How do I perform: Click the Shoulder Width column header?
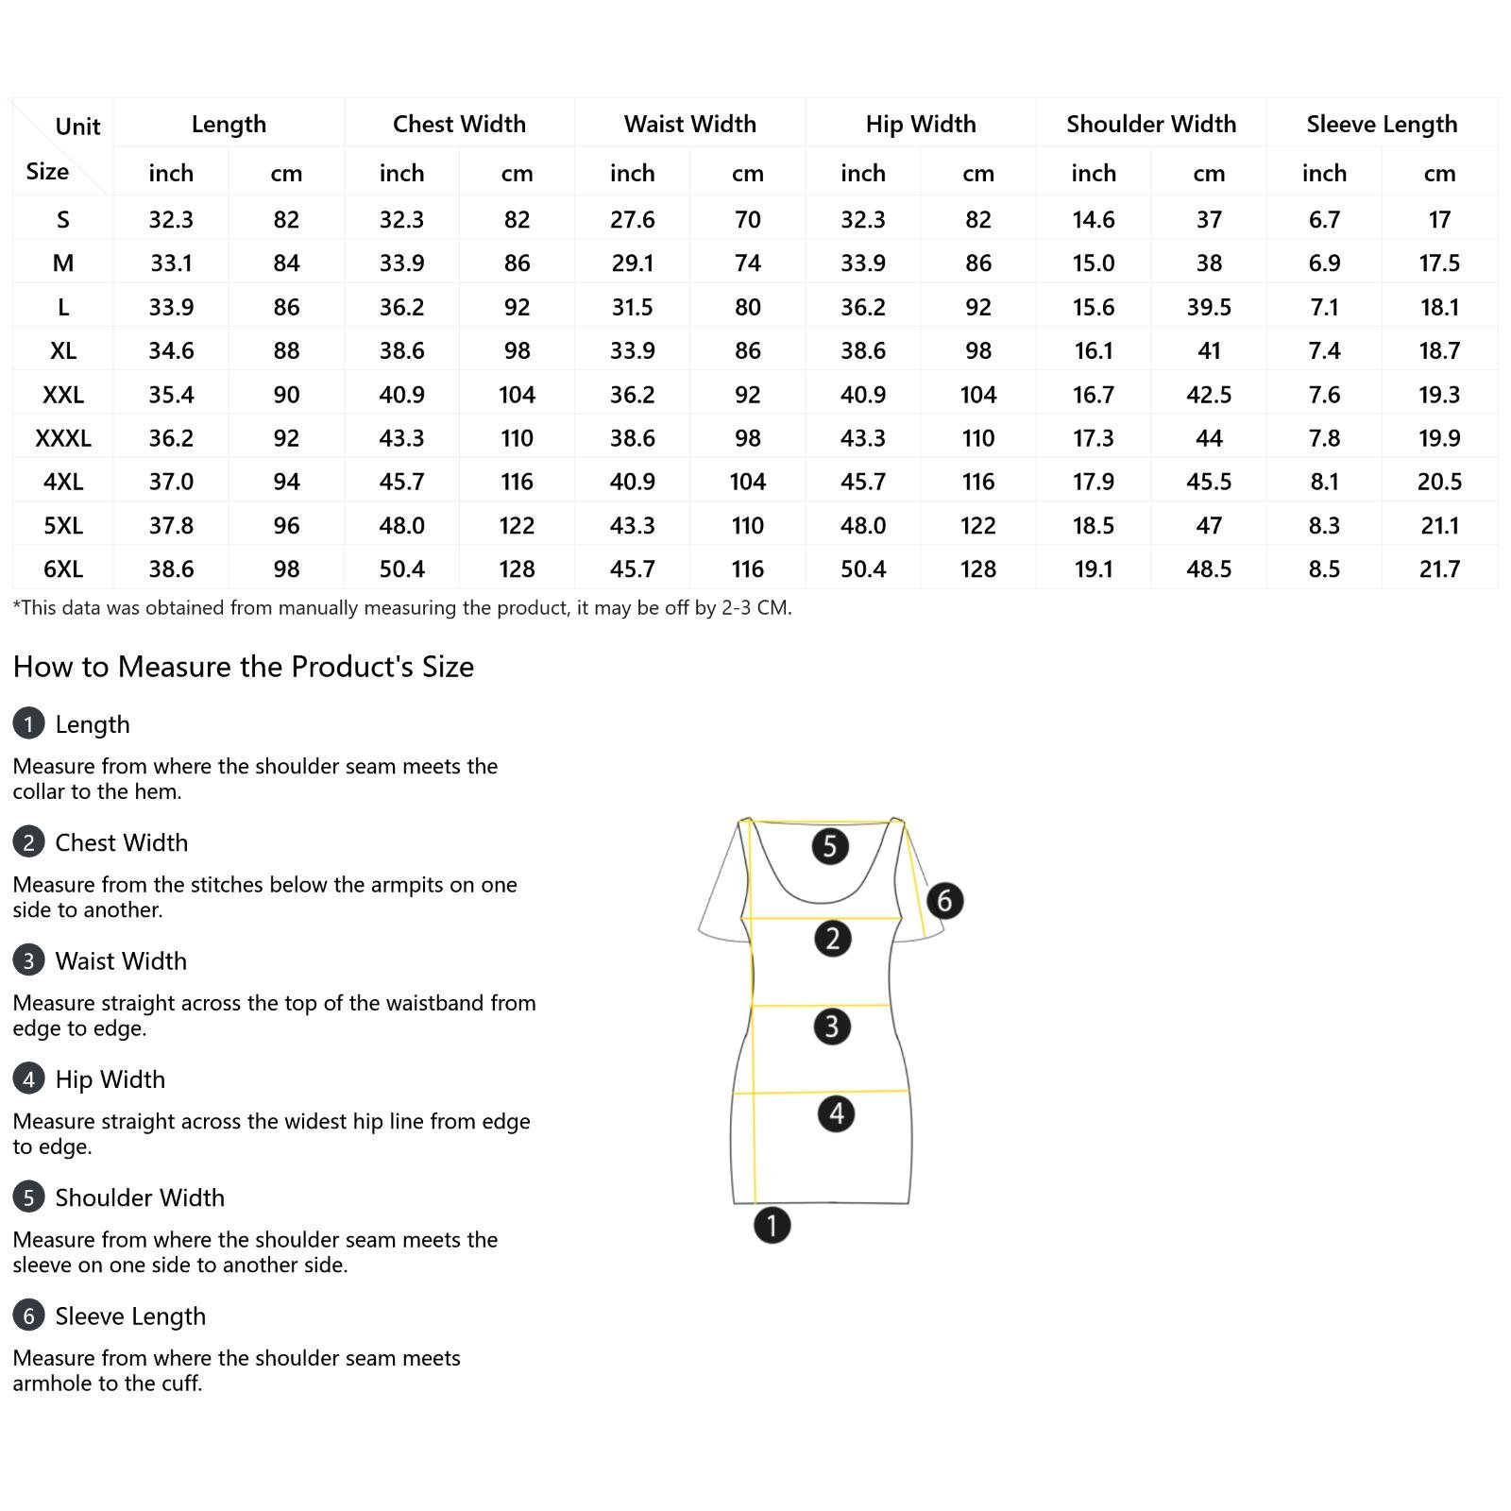pyautogui.click(x=1150, y=124)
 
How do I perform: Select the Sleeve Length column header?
pyautogui.click(x=1382, y=124)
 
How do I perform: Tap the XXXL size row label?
pyautogui.click(x=63, y=438)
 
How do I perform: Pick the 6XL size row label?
pyautogui.click(x=63, y=569)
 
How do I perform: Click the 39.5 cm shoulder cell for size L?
pyautogui.click(x=1209, y=307)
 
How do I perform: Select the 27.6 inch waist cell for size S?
pyautogui.click(x=632, y=220)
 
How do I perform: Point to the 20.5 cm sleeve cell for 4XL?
pyautogui.click(x=1439, y=482)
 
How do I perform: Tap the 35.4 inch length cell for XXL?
pyautogui.click(x=171, y=395)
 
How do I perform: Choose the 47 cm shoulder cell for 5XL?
pyautogui.click(x=1209, y=526)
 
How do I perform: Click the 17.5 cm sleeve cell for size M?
pyautogui.click(x=1439, y=263)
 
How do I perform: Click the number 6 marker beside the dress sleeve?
pyautogui.click(x=944, y=900)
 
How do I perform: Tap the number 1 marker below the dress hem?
pyautogui.click(x=772, y=1226)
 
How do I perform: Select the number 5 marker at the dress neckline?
pyautogui.click(x=829, y=845)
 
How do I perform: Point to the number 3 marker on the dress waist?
pyautogui.click(x=831, y=1026)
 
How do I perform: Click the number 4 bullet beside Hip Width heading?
pyautogui.click(x=29, y=1078)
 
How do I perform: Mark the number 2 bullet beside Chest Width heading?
pyautogui.click(x=29, y=842)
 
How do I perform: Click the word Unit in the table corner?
pyautogui.click(x=77, y=127)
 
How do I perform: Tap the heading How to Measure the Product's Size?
pyautogui.click(x=244, y=667)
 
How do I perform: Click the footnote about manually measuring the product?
pyautogui.click(x=402, y=608)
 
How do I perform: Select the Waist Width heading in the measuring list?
pyautogui.click(x=121, y=960)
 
